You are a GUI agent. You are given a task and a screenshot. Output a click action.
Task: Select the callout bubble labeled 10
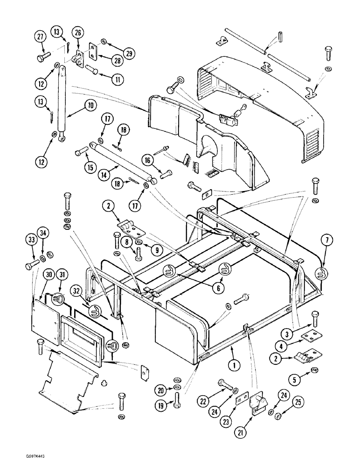[x=89, y=105]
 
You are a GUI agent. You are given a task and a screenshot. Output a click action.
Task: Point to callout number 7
[x=326, y=240]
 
